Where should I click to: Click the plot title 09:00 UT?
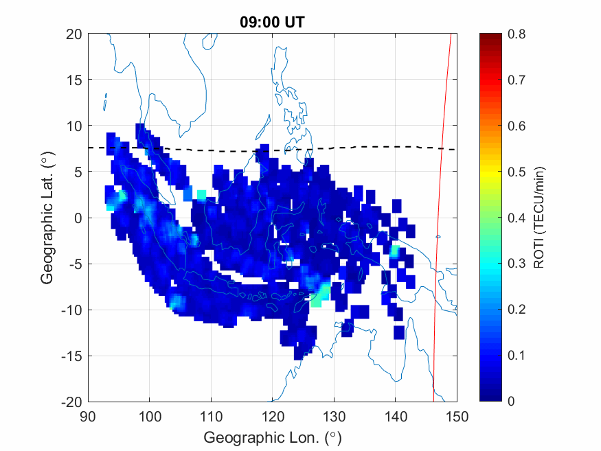272,21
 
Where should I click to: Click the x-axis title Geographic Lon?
272,437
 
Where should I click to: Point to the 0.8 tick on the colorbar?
517,34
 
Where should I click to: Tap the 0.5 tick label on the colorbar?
517,172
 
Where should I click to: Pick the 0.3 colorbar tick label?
517,264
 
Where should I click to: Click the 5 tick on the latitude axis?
78,172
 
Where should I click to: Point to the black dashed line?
385,147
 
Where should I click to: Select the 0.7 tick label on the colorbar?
517,80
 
